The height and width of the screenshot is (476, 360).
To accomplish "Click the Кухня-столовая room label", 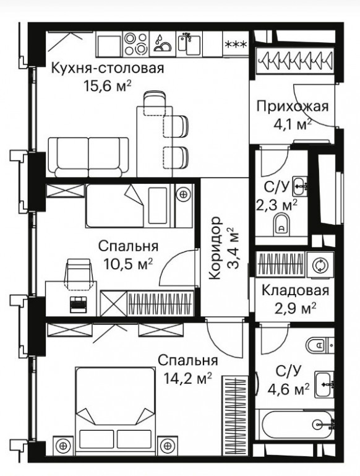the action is [x=108, y=68].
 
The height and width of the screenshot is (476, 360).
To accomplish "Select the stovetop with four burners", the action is [x=136, y=44].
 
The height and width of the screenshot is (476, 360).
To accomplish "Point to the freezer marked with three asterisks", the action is [x=235, y=44].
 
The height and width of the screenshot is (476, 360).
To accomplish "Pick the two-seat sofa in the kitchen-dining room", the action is [x=88, y=157].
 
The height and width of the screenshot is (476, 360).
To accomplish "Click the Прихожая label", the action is [x=293, y=107].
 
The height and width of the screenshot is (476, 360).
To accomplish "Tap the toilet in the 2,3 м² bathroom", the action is [x=281, y=224].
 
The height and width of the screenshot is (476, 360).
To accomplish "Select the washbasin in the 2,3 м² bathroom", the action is [x=299, y=186].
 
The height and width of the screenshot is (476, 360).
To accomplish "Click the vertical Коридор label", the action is [x=215, y=248].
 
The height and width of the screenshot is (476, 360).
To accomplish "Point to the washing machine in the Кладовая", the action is [x=320, y=265].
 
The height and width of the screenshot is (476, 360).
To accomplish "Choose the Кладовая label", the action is [x=295, y=290].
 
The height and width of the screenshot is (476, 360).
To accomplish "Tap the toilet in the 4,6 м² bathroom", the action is [x=320, y=345].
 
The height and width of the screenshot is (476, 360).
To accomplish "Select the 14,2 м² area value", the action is [x=187, y=379].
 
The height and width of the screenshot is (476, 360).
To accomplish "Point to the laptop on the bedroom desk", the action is [x=79, y=304].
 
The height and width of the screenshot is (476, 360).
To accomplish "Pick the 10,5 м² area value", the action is [x=128, y=264].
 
